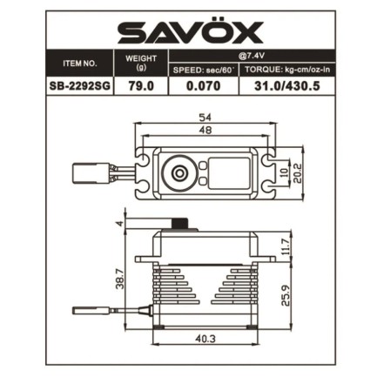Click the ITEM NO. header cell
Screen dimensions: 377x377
pyautogui.click(x=79, y=64)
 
